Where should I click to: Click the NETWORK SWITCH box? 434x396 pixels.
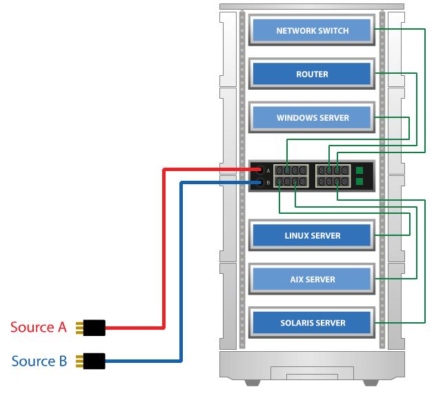coord(312,30)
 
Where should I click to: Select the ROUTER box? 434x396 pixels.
coord(312,74)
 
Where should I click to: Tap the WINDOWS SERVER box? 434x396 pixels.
coord(312,117)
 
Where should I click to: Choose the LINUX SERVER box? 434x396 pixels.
coord(312,235)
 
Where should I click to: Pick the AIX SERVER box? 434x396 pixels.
coord(312,279)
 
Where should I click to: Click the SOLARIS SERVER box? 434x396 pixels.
coord(312,322)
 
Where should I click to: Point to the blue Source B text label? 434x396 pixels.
coord(39,361)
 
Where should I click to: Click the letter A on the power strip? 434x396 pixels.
coord(268,170)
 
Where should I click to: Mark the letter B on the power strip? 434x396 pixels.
coord(268,183)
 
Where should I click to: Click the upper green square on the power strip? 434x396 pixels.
coord(359,170)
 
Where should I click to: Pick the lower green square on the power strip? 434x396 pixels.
coord(359,183)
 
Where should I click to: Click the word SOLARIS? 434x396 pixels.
coord(294,322)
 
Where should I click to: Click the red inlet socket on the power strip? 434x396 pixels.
coord(259,170)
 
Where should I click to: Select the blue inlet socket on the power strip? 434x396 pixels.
coord(259,183)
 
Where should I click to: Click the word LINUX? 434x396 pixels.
coord(298,235)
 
